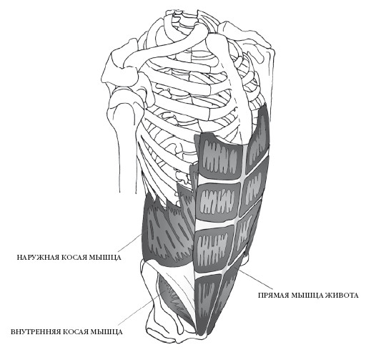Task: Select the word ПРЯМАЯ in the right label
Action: pos(273,296)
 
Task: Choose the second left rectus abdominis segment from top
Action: pos(217,203)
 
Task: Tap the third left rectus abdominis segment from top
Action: pos(212,248)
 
